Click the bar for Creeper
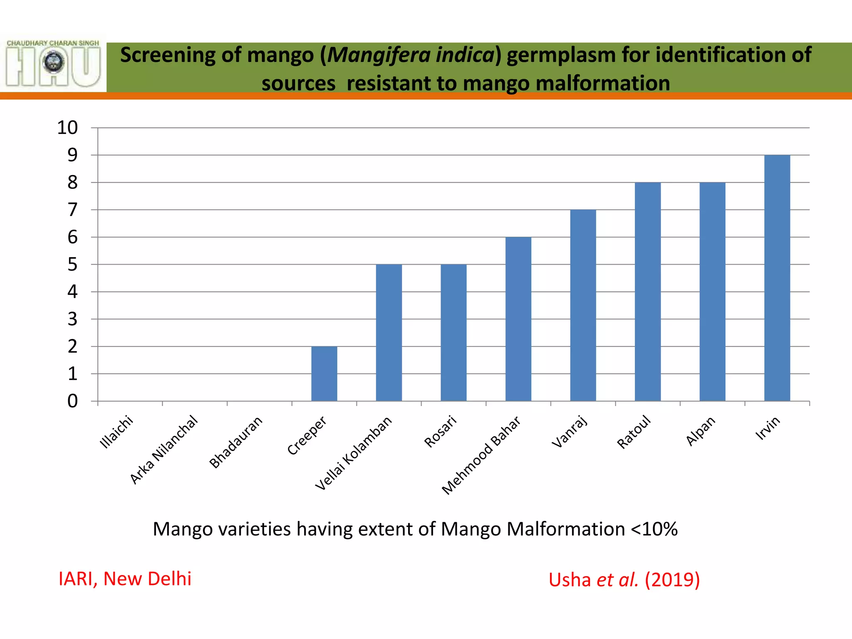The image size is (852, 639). pyautogui.click(x=324, y=374)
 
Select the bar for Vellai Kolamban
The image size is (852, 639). pyautogui.click(x=389, y=333)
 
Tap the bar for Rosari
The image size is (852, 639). pyautogui.click(x=453, y=333)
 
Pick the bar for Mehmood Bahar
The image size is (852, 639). pyautogui.click(x=518, y=319)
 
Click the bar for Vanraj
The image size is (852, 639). pyautogui.click(x=583, y=305)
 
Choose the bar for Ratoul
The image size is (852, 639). pyautogui.click(x=648, y=292)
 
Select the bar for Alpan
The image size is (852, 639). pyautogui.click(x=713, y=292)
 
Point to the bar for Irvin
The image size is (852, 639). pyautogui.click(x=777, y=278)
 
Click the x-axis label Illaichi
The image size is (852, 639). pyautogui.click(x=116, y=432)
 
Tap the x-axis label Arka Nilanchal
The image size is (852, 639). pyautogui.click(x=164, y=450)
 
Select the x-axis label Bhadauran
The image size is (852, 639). pyautogui.click(x=236, y=442)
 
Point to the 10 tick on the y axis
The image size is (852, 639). pyautogui.click(x=67, y=128)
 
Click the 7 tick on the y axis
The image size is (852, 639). pyautogui.click(x=72, y=210)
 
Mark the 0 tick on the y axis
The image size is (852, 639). pyautogui.click(x=72, y=401)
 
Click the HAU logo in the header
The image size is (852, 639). pyautogui.click(x=53, y=63)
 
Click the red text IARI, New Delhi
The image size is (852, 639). pyautogui.click(x=125, y=579)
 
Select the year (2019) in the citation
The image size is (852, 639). pyautogui.click(x=672, y=580)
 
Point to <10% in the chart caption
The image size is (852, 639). pyautogui.click(x=654, y=529)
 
